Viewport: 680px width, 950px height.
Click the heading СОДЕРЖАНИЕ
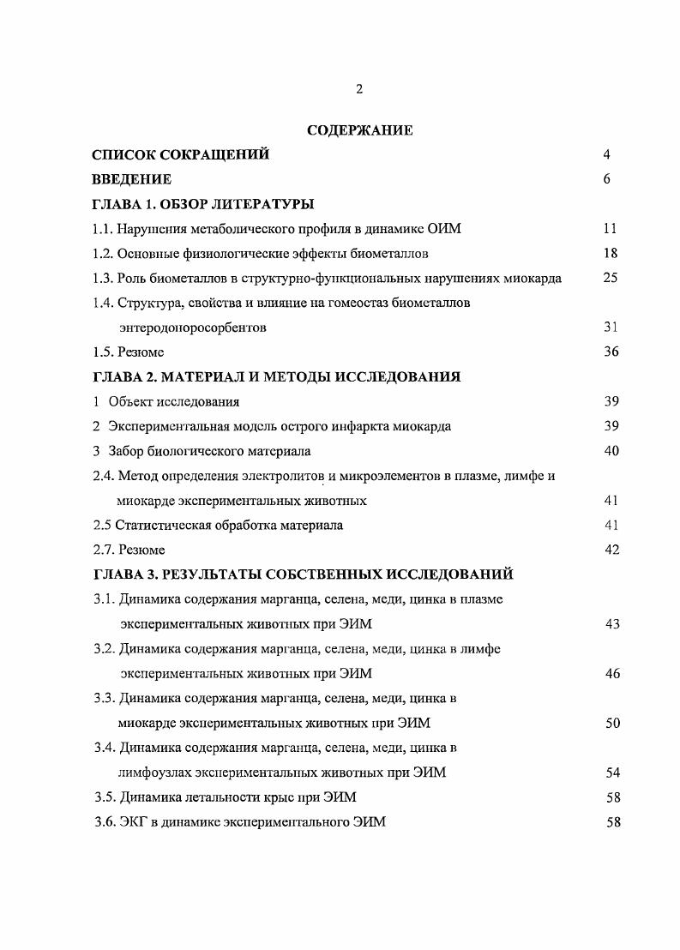tap(359, 131)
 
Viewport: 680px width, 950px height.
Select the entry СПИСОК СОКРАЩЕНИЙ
tap(180, 155)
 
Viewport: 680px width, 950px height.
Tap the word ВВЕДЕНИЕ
tap(131, 180)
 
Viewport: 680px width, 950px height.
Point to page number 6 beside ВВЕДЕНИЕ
tap(606, 180)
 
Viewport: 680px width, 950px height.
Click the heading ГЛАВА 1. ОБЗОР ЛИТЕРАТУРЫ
tap(202, 205)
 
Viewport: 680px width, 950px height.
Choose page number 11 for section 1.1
tap(610, 229)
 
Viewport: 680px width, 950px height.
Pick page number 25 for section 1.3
tap(610, 279)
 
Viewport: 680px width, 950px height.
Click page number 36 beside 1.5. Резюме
tap(610, 352)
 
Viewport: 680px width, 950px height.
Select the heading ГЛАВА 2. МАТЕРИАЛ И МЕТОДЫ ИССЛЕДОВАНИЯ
tap(276, 377)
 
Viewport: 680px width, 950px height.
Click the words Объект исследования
tap(173, 402)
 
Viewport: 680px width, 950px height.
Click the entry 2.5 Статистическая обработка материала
tap(218, 526)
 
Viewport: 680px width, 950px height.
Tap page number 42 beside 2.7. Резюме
tap(611, 550)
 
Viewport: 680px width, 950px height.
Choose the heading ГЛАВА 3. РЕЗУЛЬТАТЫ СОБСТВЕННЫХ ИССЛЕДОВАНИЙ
tap(303, 575)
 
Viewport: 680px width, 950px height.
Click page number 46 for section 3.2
tap(611, 674)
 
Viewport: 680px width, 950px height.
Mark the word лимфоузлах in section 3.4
tap(156, 773)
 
